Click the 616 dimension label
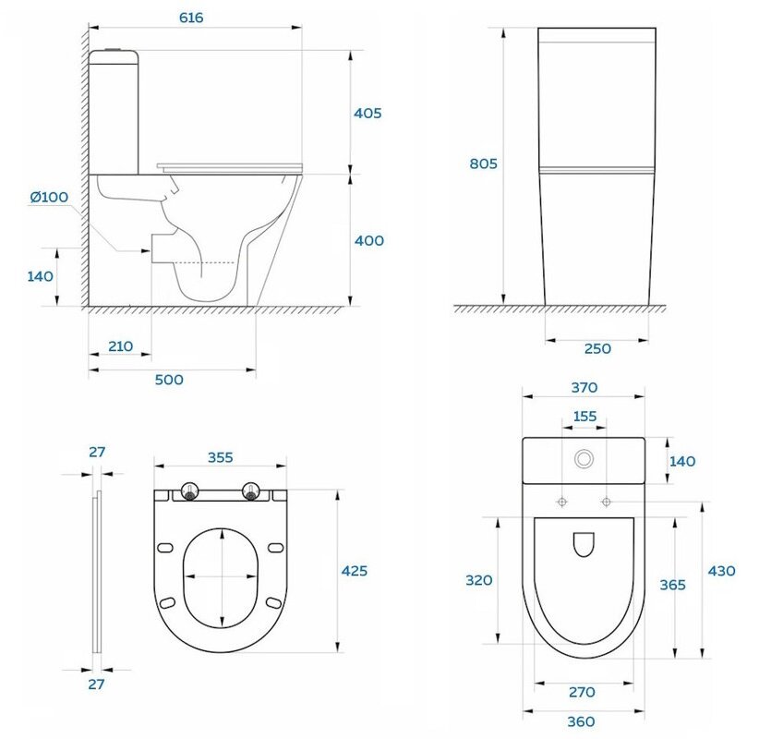(x=191, y=18)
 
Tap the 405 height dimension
(x=367, y=114)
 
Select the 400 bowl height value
(x=369, y=240)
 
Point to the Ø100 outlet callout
(x=49, y=198)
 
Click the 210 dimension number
(x=120, y=346)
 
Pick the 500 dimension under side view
(x=169, y=380)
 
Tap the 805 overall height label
(x=483, y=164)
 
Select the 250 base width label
(x=597, y=349)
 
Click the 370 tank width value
(x=584, y=388)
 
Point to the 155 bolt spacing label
(x=584, y=417)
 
